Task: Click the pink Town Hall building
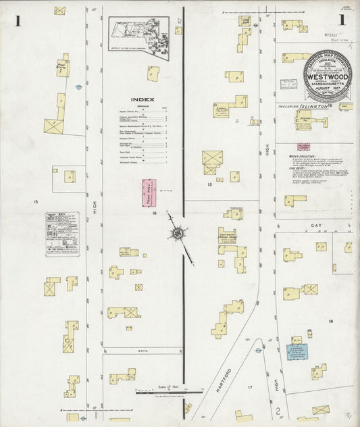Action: click(147, 193)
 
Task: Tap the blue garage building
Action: click(296, 351)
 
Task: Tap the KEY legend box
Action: click(62, 234)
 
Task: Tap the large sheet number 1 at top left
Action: click(18, 21)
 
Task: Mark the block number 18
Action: click(331, 322)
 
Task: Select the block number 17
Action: click(249, 387)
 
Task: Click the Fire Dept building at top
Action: click(245, 22)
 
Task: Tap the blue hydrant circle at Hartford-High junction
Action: click(257, 350)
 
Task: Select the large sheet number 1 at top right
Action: click(343, 20)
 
